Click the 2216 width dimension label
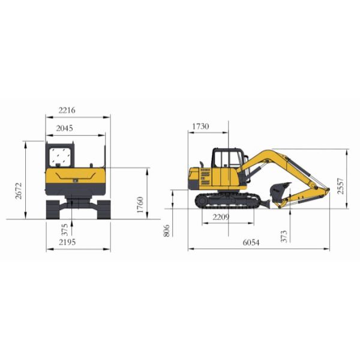pyautogui.click(x=67, y=110)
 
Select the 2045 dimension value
pyautogui.click(x=65, y=128)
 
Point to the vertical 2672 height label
pyautogui.click(x=18, y=191)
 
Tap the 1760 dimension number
pyautogui.click(x=140, y=205)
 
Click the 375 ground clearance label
pyautogui.click(x=65, y=230)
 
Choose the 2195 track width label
pyautogui.click(x=67, y=242)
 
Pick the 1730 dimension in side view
pyautogui.click(x=200, y=126)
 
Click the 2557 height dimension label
pyautogui.click(x=340, y=186)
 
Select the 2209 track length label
pyautogui.click(x=221, y=217)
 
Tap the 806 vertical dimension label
pyautogui.click(x=167, y=230)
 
